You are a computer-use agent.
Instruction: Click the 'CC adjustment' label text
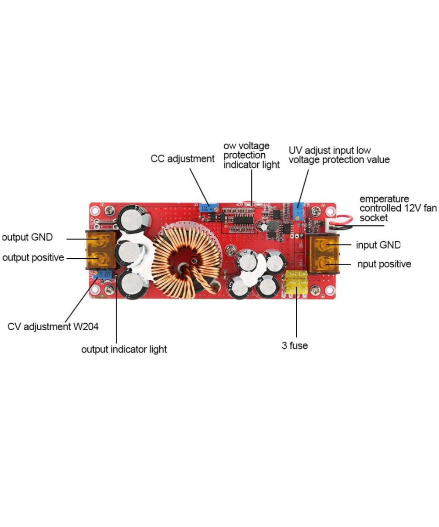(x=182, y=159)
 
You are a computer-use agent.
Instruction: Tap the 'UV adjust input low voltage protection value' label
(x=339, y=155)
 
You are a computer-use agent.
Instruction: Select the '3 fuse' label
(x=295, y=346)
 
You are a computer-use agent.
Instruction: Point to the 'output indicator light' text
(x=124, y=350)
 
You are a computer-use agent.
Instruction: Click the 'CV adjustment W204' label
(x=53, y=327)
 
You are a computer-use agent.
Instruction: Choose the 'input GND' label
(x=378, y=245)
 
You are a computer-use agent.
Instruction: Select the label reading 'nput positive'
(x=383, y=264)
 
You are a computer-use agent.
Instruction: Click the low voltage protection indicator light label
(x=251, y=155)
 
